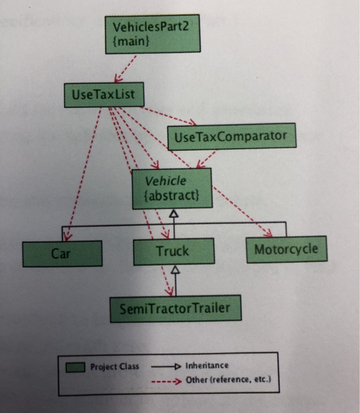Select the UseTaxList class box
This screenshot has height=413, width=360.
[104, 94]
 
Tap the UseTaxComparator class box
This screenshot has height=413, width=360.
[231, 137]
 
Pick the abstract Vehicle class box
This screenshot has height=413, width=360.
[172, 188]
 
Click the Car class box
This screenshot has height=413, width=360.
[62, 254]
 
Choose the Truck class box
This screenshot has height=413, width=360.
[173, 251]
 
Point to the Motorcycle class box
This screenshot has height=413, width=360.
[286, 249]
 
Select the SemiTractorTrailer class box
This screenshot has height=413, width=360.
[175, 308]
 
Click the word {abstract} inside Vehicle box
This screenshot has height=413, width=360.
[172, 195]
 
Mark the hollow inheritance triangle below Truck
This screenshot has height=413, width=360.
[174, 270]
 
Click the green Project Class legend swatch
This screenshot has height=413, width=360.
[76, 366]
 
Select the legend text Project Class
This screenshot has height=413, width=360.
[114, 366]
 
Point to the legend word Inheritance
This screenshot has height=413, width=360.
[207, 365]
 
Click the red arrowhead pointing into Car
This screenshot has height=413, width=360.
[67, 235]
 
